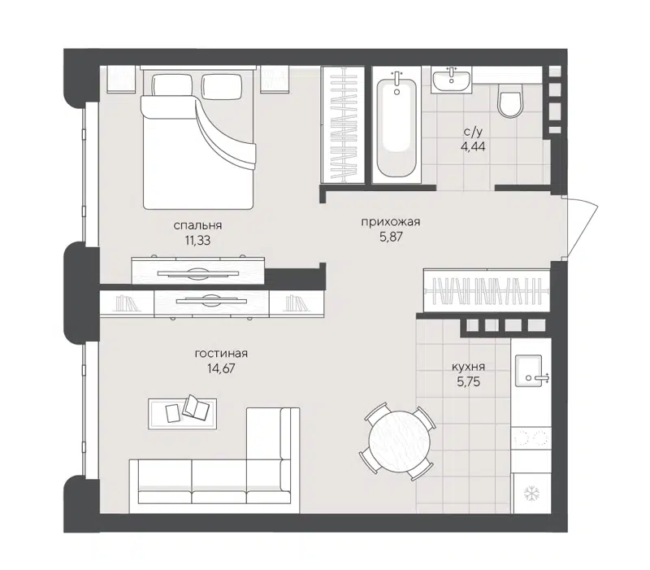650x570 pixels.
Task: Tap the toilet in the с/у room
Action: (509, 103)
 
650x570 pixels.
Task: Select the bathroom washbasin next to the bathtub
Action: (451, 80)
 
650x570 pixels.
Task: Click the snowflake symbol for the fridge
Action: (531, 493)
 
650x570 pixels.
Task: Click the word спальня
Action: (198, 225)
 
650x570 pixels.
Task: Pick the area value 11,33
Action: (198, 240)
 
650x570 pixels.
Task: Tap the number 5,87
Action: (391, 237)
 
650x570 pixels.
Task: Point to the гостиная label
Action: (221, 353)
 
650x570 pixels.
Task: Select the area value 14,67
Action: (221, 368)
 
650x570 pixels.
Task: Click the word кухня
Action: (469, 365)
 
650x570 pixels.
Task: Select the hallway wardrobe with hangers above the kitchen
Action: (487, 290)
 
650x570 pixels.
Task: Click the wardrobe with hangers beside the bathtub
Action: (342, 124)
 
